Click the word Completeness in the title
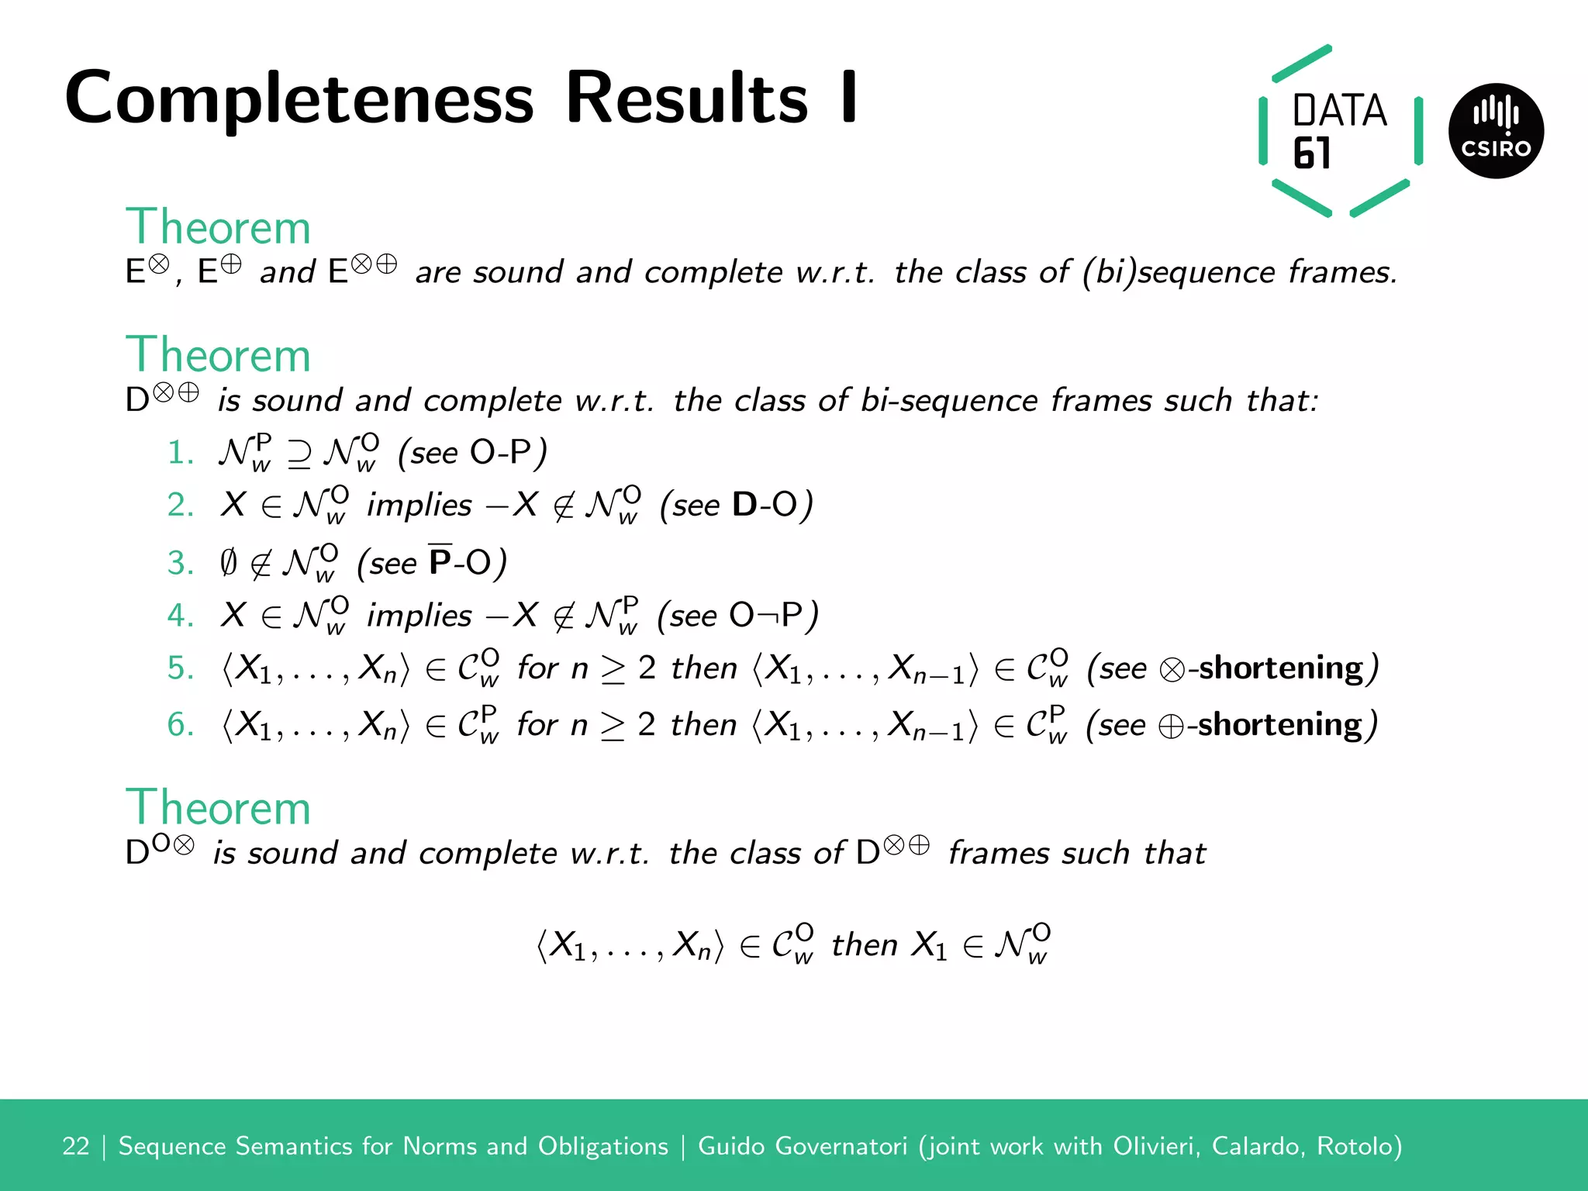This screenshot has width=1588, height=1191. click(299, 99)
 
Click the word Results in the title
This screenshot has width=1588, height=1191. click(687, 98)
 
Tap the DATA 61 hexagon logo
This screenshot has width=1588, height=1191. click(1340, 130)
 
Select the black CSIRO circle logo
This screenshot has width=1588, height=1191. click(1496, 131)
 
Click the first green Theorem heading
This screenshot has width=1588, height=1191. click(218, 227)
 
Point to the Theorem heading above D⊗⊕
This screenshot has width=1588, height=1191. click(218, 355)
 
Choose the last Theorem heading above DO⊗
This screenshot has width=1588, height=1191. click(218, 808)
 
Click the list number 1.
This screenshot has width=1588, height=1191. click(180, 453)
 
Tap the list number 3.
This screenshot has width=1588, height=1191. click(180, 563)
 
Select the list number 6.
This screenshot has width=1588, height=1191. click(180, 724)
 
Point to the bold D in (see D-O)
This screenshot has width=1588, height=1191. click(744, 505)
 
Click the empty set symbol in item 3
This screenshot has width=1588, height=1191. click(229, 563)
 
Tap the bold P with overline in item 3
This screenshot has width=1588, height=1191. click(440, 561)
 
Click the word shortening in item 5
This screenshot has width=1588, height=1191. click(1281, 668)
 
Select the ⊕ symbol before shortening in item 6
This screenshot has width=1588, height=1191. click(1171, 726)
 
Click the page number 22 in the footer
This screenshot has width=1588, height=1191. click(76, 1146)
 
